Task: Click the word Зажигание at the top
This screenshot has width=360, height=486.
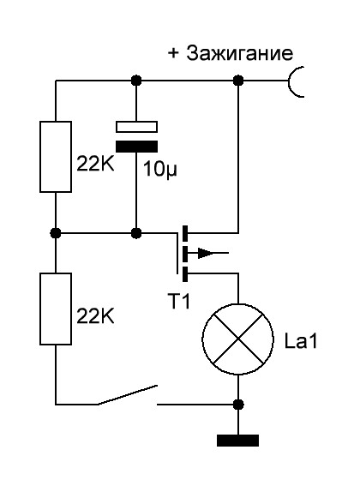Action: [239, 53]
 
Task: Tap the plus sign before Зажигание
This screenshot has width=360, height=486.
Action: [173, 53]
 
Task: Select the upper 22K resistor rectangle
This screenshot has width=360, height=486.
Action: [56, 157]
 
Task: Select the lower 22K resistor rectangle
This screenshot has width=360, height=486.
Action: [56, 309]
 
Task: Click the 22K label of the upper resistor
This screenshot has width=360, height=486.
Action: [95, 163]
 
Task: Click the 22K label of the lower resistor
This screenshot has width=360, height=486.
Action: [95, 315]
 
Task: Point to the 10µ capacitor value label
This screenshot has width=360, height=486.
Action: [160, 170]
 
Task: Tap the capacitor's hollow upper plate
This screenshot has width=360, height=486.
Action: [136, 127]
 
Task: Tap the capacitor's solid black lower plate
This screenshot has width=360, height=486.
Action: [136, 147]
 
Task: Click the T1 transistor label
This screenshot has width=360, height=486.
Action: [178, 300]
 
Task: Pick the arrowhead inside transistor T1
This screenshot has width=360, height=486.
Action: [206, 253]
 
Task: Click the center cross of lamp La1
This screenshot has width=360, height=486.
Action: [238, 339]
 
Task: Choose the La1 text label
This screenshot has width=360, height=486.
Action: [301, 341]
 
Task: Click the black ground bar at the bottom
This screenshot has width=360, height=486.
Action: [237, 441]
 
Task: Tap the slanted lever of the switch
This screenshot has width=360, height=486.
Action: [128, 395]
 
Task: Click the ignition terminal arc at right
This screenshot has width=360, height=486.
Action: [294, 81]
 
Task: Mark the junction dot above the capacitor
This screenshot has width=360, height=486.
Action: [136, 81]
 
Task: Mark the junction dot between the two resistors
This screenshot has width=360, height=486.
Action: [56, 233]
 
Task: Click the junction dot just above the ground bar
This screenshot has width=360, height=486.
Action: [238, 405]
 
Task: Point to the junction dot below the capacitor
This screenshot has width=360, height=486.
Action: [136, 233]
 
